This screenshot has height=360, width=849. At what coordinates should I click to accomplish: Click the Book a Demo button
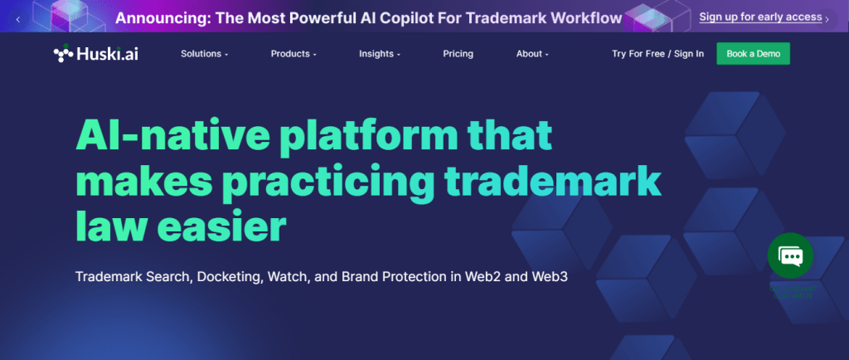coord(753,54)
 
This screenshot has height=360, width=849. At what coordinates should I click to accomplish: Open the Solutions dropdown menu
coord(204,54)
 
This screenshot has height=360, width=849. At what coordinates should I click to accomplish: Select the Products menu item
coord(294,54)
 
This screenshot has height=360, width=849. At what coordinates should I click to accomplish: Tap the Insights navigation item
coord(380,54)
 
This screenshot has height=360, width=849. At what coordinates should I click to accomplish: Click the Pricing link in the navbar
coord(458,54)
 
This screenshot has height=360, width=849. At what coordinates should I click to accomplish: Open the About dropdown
coord(532,54)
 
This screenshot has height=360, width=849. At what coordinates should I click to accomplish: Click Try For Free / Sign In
coord(657,54)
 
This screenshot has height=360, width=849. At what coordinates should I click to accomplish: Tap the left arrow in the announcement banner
coord(18,19)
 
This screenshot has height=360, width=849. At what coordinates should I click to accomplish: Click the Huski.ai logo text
coord(107,54)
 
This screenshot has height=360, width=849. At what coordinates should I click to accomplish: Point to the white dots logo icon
coord(63,53)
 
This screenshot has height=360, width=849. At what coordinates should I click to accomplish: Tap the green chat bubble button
coord(790,255)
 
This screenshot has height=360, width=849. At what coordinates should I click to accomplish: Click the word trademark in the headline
coord(553,182)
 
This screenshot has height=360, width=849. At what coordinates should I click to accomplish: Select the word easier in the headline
coord(221,227)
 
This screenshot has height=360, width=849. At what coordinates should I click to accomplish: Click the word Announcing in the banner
coord(163,18)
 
